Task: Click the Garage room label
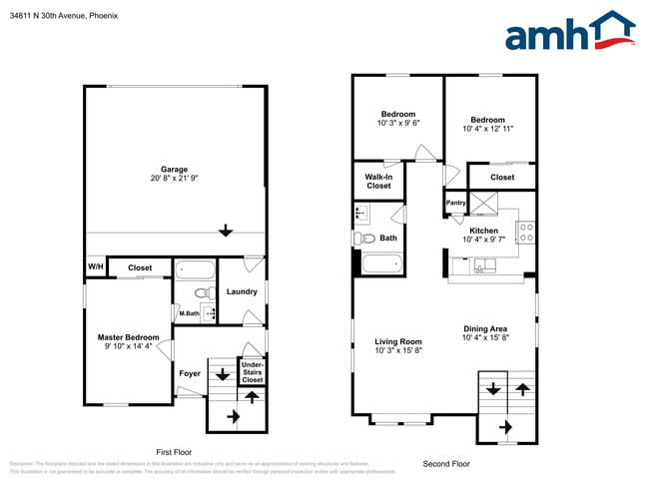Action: pos(174,169)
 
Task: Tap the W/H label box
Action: pos(95,267)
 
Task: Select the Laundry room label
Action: pos(242,292)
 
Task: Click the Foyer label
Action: pos(189,374)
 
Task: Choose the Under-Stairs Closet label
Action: pos(253,371)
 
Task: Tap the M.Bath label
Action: pos(189,315)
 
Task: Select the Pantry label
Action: pos(455,203)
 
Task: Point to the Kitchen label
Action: pos(490,231)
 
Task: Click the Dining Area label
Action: pos(485,329)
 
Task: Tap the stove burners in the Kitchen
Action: pos(526,233)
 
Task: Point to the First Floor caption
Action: pos(174,451)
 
